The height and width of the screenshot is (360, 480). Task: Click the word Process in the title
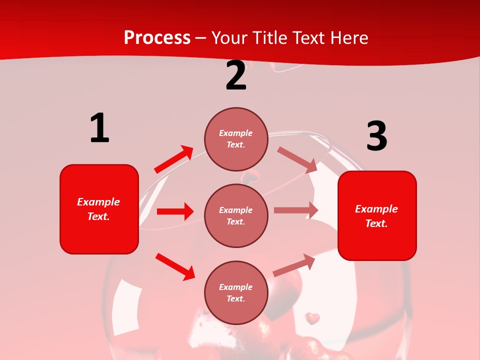[157, 38]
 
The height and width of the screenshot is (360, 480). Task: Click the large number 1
[99, 128]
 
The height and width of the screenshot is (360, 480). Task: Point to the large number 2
[235, 76]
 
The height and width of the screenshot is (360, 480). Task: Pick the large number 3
[376, 136]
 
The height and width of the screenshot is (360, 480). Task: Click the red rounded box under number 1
[99, 209]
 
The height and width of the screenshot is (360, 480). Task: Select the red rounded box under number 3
[377, 215]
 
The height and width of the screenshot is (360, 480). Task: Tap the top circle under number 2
[236, 139]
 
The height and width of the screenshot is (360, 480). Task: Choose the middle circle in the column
[236, 215]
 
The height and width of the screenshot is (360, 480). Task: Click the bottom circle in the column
[236, 292]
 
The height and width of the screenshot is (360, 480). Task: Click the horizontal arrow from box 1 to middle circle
[175, 211]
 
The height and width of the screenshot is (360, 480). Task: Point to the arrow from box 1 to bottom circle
[175, 266]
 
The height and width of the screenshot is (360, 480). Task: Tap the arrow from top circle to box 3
[297, 159]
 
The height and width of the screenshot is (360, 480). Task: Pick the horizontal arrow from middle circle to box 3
[296, 210]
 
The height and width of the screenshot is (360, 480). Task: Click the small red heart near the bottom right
[312, 318]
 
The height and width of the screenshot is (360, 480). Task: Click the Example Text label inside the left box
[98, 209]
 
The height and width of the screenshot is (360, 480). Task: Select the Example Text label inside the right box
[376, 216]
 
